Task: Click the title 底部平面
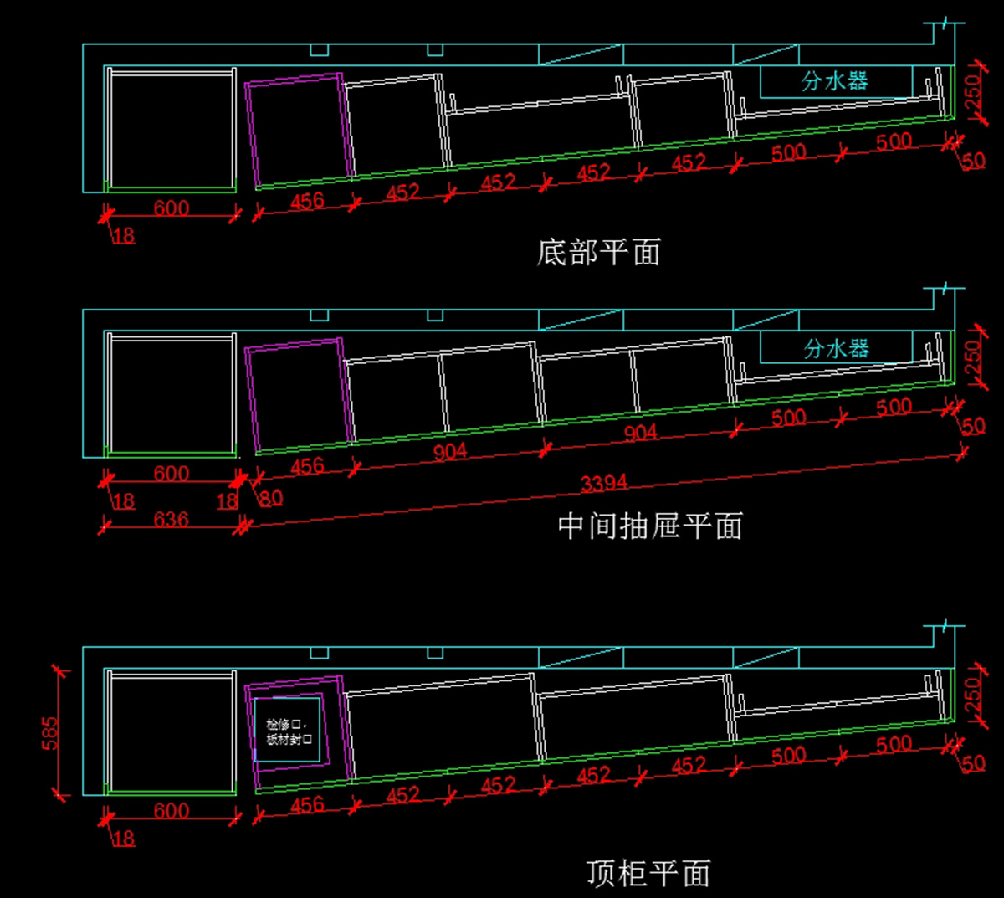point(598,252)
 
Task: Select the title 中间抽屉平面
point(650,526)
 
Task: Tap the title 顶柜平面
point(648,873)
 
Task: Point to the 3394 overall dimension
point(604,483)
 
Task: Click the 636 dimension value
point(171,520)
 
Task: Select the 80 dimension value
point(271,499)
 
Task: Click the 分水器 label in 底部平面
point(835,81)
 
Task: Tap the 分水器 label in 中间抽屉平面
point(837,348)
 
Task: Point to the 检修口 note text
point(289,731)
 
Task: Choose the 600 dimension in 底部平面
point(171,208)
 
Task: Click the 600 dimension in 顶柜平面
point(171,810)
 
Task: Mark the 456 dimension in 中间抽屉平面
point(307,466)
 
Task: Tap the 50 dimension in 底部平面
point(973,161)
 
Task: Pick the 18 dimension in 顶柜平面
point(123,838)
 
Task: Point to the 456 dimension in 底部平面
point(307,201)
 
